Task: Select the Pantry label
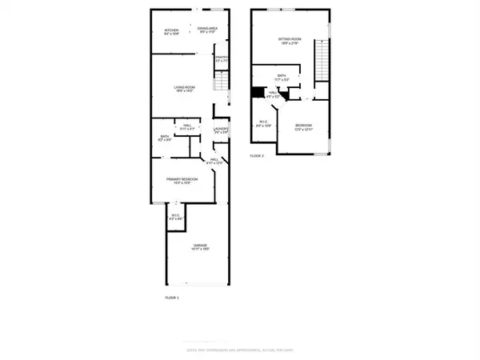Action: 222,58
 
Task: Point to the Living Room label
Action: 186,89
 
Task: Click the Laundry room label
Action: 222,130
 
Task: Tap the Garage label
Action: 199,248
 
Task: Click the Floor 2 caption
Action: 256,155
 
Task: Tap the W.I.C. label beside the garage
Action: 178,216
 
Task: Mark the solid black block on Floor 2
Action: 258,93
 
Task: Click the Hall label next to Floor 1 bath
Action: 186,126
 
